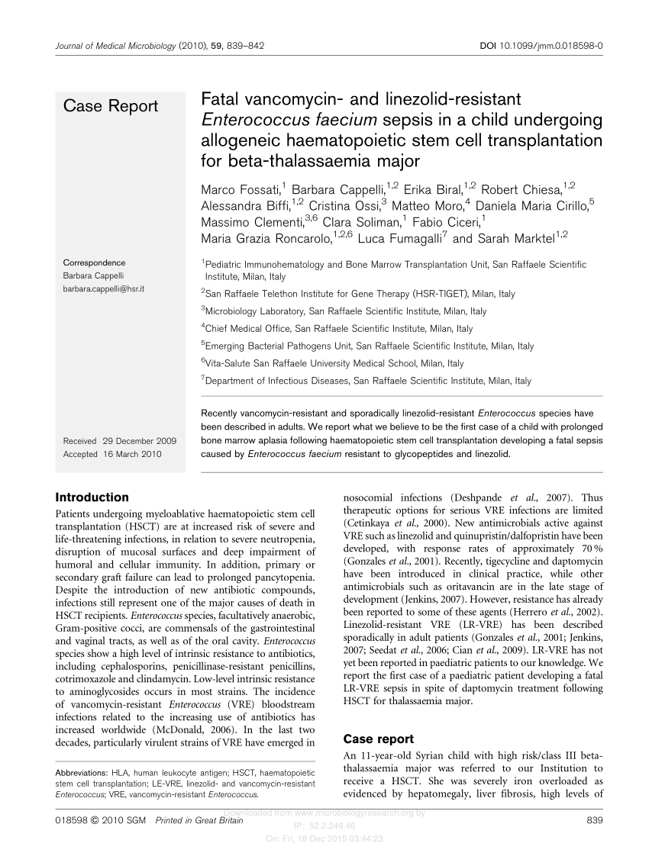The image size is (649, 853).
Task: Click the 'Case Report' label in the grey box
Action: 111,106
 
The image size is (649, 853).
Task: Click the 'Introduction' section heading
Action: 93,497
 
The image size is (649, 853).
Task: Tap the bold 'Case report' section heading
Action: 379,739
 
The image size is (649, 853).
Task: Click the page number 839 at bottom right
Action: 593,820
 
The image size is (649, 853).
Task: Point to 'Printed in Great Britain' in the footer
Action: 199,820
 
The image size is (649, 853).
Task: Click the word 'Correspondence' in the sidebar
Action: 94,262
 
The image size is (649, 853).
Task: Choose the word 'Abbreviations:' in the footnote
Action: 83,772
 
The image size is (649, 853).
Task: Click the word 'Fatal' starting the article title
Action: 218,99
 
